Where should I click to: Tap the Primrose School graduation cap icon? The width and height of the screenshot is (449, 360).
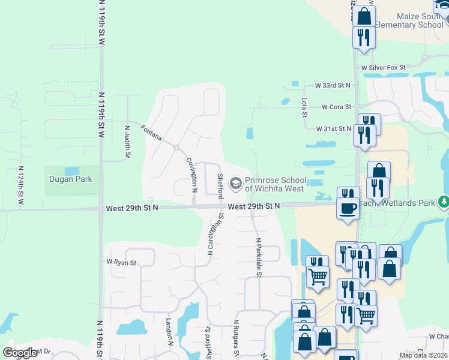[x=236, y=184]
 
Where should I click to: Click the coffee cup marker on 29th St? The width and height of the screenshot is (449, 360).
[x=348, y=209]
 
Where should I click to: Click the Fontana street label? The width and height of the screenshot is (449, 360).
[x=151, y=133]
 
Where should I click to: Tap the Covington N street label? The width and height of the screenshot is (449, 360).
[x=192, y=174]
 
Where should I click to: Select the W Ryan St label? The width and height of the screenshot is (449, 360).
[x=121, y=262]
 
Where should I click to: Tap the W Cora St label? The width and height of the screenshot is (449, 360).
[x=336, y=107]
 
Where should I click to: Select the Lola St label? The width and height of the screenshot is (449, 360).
[x=305, y=107]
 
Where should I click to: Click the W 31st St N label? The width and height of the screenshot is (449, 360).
[x=334, y=128]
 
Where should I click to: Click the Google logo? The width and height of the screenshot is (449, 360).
[x=20, y=352]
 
